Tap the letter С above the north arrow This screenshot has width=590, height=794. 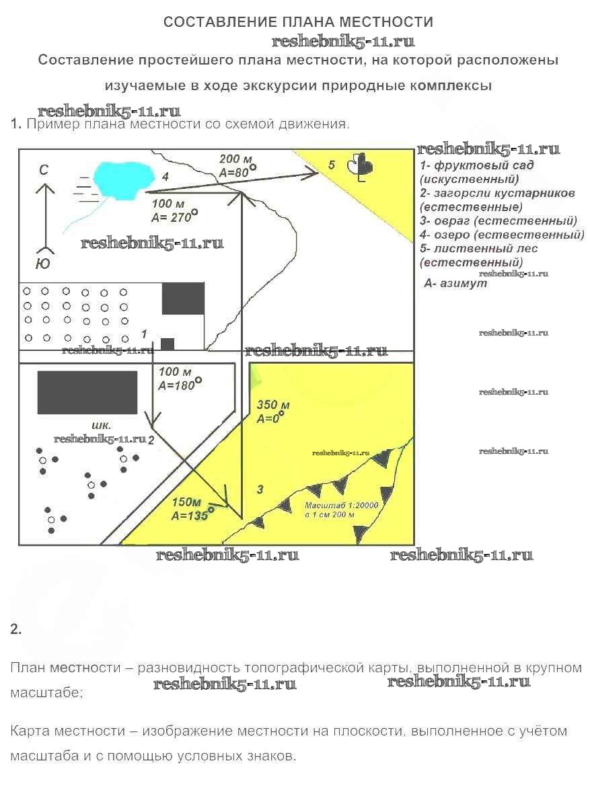click(43, 171)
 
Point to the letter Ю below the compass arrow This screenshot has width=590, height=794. click(42, 263)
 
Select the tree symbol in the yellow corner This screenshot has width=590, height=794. click(361, 167)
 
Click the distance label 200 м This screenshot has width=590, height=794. click(236, 159)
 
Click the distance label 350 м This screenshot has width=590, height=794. click(273, 405)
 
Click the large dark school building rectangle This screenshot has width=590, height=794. click(87, 392)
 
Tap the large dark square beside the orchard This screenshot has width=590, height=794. click(183, 298)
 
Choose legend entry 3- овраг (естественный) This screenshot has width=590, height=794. click(498, 221)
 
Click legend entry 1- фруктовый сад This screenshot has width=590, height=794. click(480, 165)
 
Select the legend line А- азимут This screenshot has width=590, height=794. click(455, 284)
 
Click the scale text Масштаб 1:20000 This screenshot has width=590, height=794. click(342, 505)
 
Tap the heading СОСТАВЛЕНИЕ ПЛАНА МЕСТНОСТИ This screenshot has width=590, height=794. click(298, 22)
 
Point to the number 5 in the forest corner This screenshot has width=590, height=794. click(331, 165)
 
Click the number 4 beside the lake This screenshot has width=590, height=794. click(164, 177)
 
